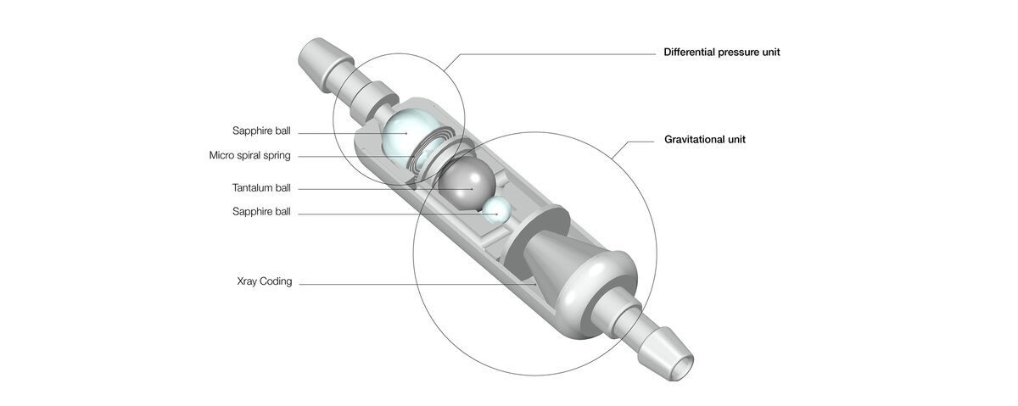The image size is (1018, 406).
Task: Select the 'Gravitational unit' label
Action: [x=704, y=139]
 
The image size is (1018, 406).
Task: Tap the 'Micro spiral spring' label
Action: [x=249, y=156]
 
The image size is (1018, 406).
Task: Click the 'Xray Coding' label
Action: [x=265, y=282]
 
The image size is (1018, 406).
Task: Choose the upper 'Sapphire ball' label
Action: [x=261, y=131]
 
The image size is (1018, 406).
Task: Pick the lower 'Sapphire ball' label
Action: [x=261, y=212]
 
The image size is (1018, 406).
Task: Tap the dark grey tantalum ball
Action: [x=467, y=185]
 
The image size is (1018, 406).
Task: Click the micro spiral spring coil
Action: [x=427, y=155]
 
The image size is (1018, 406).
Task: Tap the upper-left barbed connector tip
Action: [x=313, y=55]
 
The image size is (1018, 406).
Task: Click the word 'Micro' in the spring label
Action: [x=221, y=156]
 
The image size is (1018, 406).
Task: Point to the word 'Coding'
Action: [x=277, y=282]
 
